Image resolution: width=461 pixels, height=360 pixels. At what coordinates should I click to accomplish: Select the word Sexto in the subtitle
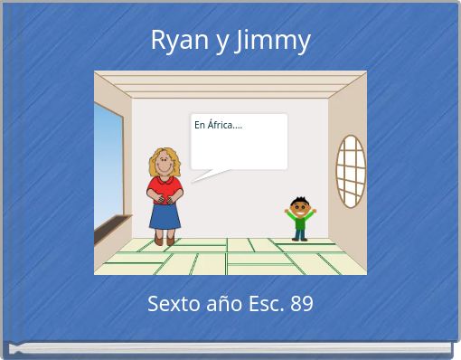(x=173, y=304)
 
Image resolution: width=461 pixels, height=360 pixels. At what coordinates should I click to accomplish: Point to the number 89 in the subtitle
(x=301, y=304)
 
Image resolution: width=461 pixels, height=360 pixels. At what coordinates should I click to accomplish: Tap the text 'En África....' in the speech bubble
(x=218, y=126)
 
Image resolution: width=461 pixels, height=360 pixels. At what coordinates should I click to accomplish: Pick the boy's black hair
(x=300, y=198)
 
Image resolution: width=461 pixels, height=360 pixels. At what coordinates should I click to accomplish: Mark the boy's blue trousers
(x=299, y=232)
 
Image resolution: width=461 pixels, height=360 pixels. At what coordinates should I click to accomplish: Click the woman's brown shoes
(x=165, y=241)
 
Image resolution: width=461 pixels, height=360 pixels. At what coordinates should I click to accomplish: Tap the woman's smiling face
(x=165, y=166)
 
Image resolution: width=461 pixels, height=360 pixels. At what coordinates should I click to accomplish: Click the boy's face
(x=300, y=205)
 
